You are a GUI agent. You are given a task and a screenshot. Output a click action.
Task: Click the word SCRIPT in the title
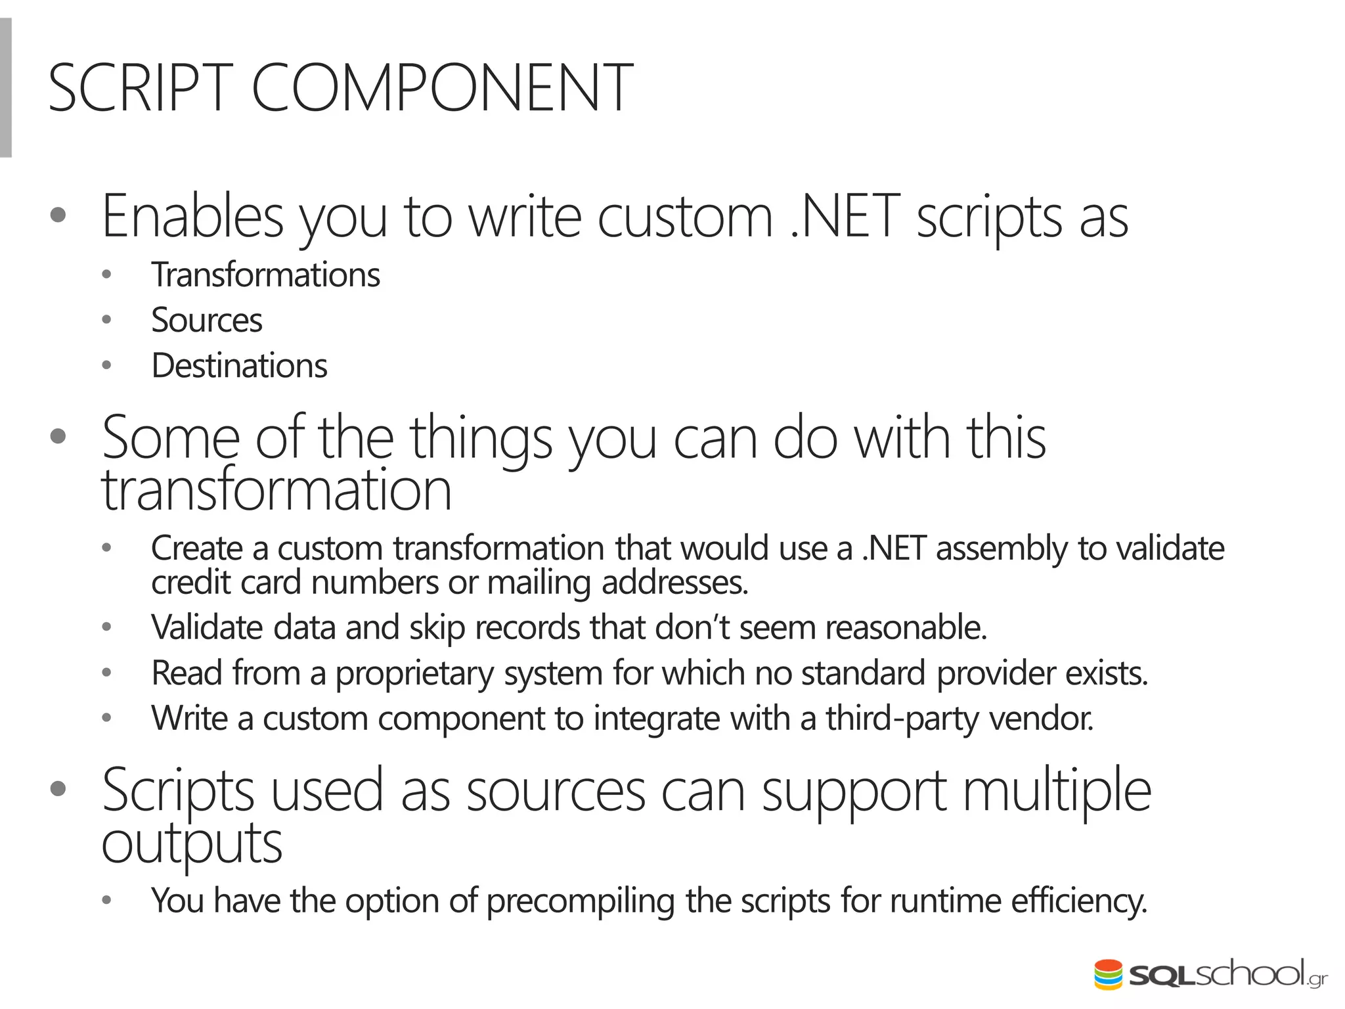141,88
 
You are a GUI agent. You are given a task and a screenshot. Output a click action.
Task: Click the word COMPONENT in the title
441,88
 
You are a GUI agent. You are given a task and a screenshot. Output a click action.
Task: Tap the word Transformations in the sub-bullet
265,275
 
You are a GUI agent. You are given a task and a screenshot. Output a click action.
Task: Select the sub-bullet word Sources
207,321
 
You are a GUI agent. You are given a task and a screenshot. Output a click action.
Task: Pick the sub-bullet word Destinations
239,366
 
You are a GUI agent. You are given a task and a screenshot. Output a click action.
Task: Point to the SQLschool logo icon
1109,975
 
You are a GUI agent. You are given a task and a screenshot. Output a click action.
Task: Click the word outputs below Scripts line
192,844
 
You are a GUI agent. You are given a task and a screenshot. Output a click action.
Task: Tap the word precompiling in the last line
581,901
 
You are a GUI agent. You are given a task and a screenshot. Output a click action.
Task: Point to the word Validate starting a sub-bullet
207,627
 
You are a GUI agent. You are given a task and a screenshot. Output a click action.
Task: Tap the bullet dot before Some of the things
58,436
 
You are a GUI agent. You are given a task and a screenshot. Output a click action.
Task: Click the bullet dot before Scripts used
58,789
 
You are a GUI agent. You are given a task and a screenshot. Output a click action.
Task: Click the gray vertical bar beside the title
5,88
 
